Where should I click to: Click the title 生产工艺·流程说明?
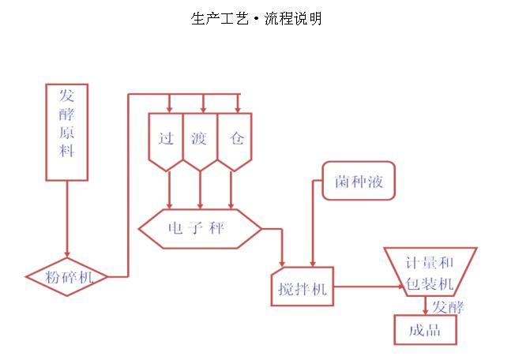click(x=256, y=18)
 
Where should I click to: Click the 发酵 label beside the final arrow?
click(x=448, y=307)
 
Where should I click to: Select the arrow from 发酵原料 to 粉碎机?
click(x=67, y=219)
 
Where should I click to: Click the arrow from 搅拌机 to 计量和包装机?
click(x=369, y=287)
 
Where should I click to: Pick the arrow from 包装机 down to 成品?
click(x=425, y=306)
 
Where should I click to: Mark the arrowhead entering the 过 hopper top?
click(x=169, y=109)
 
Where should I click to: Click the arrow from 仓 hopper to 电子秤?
click(x=231, y=190)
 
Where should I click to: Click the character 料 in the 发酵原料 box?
click(x=66, y=151)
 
